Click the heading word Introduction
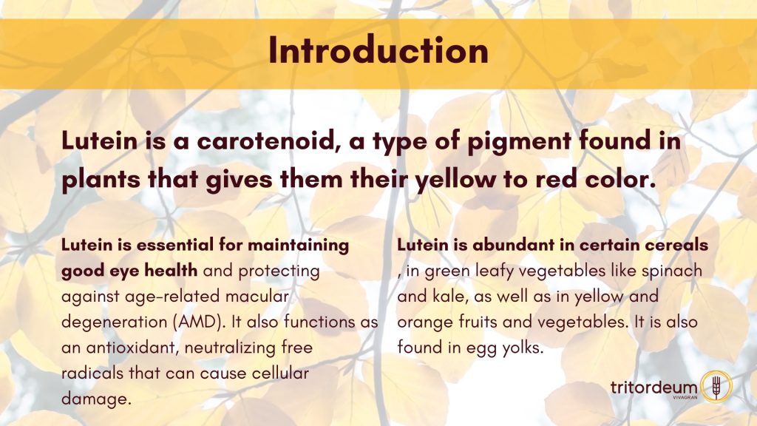coord(378,50)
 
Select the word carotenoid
coord(266,141)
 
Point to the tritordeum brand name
coord(654,388)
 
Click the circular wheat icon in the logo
coord(716,386)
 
